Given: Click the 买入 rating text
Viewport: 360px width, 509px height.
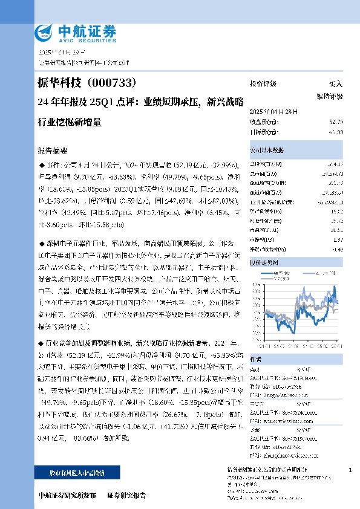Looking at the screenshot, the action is (x=335, y=84).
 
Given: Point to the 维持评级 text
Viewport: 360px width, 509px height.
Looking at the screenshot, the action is (x=329, y=96).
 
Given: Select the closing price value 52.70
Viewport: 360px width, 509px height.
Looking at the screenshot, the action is (x=336, y=122).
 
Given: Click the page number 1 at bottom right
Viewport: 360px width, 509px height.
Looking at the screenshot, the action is (x=350, y=470).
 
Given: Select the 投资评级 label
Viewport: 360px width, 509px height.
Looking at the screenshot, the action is (x=263, y=84).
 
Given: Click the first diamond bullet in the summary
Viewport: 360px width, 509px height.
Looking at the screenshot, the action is (x=41, y=164).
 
